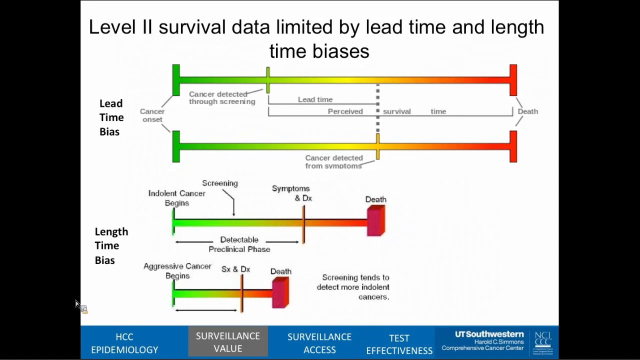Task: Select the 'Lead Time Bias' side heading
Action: pyautogui.click(x=111, y=117)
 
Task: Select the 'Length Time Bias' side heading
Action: pyautogui.click(x=111, y=245)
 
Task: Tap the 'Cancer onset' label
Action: pyautogui.click(x=152, y=115)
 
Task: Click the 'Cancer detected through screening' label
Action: pyautogui.click(x=222, y=97)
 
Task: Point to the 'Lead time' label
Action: pyautogui.click(x=315, y=99)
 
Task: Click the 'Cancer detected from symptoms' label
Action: pyautogui.click(x=333, y=161)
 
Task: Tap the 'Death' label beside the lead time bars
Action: pyautogui.click(x=527, y=111)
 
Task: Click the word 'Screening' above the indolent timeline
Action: pyautogui.click(x=220, y=183)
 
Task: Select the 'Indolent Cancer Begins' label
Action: pyautogui.click(x=176, y=198)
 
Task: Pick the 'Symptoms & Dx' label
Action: pyautogui.click(x=291, y=193)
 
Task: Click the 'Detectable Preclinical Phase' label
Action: pyautogui.click(x=239, y=244)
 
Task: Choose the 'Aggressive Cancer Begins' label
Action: pyautogui.click(x=177, y=271)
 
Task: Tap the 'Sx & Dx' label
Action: pyautogui.click(x=235, y=269)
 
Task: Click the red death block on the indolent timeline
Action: pyautogui.click(x=376, y=220)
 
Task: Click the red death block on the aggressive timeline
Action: pyautogui.click(x=280, y=292)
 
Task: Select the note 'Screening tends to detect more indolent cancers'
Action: pyautogui.click(x=353, y=287)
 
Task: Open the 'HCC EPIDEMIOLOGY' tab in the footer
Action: pyautogui.click(x=124, y=343)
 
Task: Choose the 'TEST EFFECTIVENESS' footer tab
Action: pyautogui.click(x=399, y=344)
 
